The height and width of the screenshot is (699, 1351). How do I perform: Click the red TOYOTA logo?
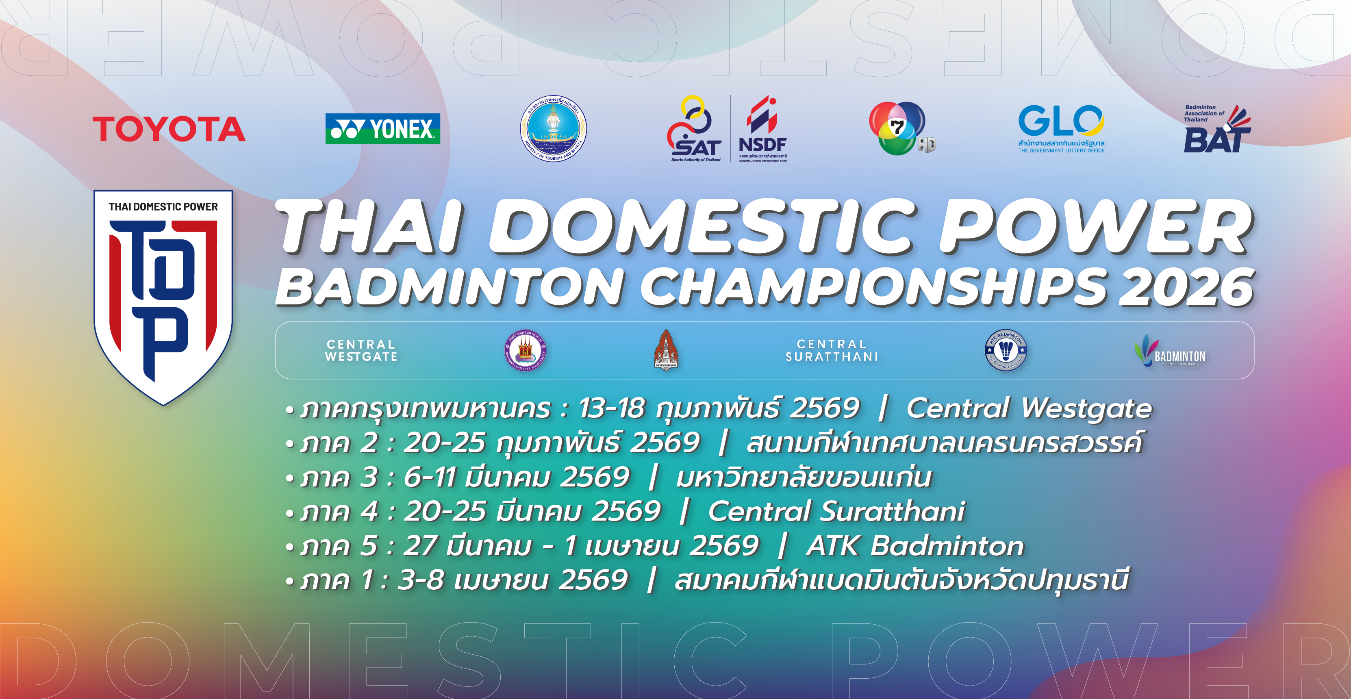(x=169, y=129)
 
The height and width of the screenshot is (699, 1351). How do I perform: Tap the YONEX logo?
(x=382, y=129)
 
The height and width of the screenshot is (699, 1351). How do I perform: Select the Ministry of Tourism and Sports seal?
(x=553, y=128)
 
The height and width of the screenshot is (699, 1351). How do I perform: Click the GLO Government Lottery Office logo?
(x=1061, y=128)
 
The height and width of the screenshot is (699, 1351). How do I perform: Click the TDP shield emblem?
(x=163, y=296)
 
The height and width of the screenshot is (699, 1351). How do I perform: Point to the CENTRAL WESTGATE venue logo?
(x=361, y=350)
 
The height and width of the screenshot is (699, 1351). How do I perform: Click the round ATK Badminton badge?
(x=1006, y=350)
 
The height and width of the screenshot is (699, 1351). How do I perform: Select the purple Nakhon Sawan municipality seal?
(x=526, y=350)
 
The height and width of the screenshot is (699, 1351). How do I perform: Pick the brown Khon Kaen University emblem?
(x=666, y=350)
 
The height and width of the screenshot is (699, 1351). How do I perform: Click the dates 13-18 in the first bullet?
(x=611, y=408)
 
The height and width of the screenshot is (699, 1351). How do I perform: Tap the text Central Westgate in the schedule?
(x=1029, y=408)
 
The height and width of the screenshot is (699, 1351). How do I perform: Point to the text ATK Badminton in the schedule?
(x=915, y=546)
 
